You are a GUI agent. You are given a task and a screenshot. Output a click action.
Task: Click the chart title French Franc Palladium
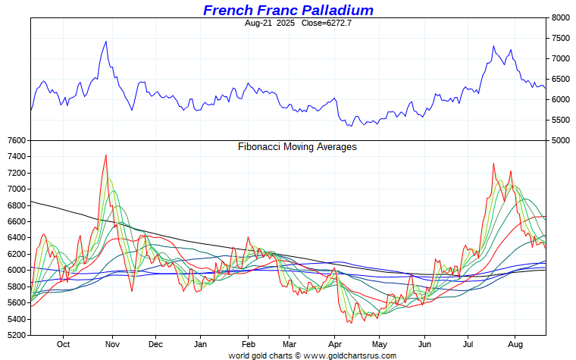pos(288,10)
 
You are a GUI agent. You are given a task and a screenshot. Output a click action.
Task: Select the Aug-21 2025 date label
pos(271,23)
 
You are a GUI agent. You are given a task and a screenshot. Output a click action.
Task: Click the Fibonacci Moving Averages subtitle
pos(297,147)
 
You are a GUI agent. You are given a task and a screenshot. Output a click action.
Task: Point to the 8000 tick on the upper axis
pos(561,17)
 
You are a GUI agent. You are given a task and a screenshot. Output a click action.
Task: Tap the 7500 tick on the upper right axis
pos(561,38)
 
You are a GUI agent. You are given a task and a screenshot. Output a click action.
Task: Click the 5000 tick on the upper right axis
pos(561,140)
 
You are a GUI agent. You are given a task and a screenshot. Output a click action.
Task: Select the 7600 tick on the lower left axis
pos(14,140)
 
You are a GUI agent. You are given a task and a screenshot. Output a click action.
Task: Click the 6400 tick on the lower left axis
pos(14,237)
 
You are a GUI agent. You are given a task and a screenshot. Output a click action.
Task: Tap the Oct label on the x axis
pos(64,344)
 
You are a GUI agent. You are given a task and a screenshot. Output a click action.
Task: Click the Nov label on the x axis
pos(112,344)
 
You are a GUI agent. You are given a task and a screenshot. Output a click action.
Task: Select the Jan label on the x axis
pos(201,344)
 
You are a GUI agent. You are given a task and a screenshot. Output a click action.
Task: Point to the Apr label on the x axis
pos(335,344)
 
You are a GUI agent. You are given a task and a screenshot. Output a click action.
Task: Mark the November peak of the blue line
pos(106,42)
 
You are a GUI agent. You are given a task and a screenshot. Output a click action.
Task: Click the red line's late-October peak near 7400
pos(106,155)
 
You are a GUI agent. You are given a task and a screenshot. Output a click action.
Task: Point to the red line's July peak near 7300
pos(493,164)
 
